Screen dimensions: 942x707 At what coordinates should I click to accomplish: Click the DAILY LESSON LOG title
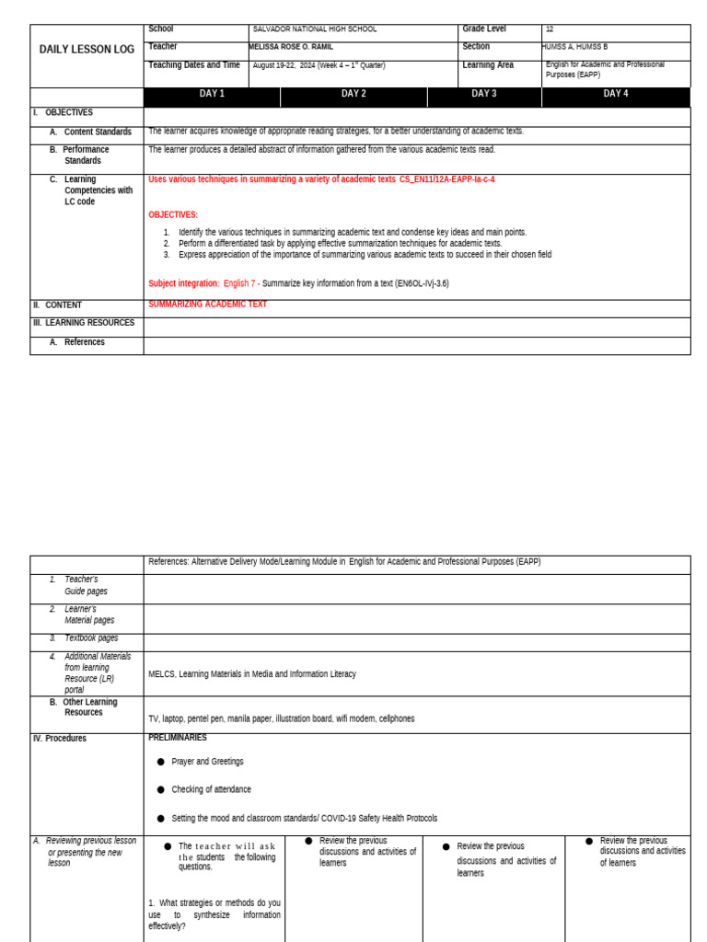[87, 50]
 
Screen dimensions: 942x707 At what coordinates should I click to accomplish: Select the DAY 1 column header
[212, 94]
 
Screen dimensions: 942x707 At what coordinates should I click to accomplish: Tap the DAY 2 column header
[353, 94]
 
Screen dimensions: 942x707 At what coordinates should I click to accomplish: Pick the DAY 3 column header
[484, 94]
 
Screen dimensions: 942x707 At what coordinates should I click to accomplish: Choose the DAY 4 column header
[616, 94]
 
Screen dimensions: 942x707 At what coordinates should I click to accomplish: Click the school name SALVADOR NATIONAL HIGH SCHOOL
[315, 29]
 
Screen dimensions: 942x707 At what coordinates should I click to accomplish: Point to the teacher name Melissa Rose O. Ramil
[291, 47]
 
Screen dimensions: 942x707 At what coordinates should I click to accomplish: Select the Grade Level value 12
[550, 29]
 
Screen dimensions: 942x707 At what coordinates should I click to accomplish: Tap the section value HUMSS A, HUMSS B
[575, 47]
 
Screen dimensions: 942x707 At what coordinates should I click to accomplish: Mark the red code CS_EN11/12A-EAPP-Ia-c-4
[446, 179]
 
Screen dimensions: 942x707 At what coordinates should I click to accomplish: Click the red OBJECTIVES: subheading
[173, 215]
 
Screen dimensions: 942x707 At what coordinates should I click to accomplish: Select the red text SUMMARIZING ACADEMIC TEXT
[207, 304]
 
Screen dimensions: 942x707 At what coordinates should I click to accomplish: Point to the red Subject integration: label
[184, 283]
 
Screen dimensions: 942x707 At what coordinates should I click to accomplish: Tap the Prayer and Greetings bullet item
[207, 762]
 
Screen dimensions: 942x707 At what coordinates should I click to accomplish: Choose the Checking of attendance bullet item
[211, 789]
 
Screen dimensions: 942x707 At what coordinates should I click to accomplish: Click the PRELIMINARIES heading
[178, 738]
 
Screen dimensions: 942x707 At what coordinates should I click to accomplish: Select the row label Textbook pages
[91, 638]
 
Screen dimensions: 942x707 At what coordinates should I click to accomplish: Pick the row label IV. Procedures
[60, 739]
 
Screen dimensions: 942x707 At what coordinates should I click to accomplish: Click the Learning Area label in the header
[488, 65]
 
